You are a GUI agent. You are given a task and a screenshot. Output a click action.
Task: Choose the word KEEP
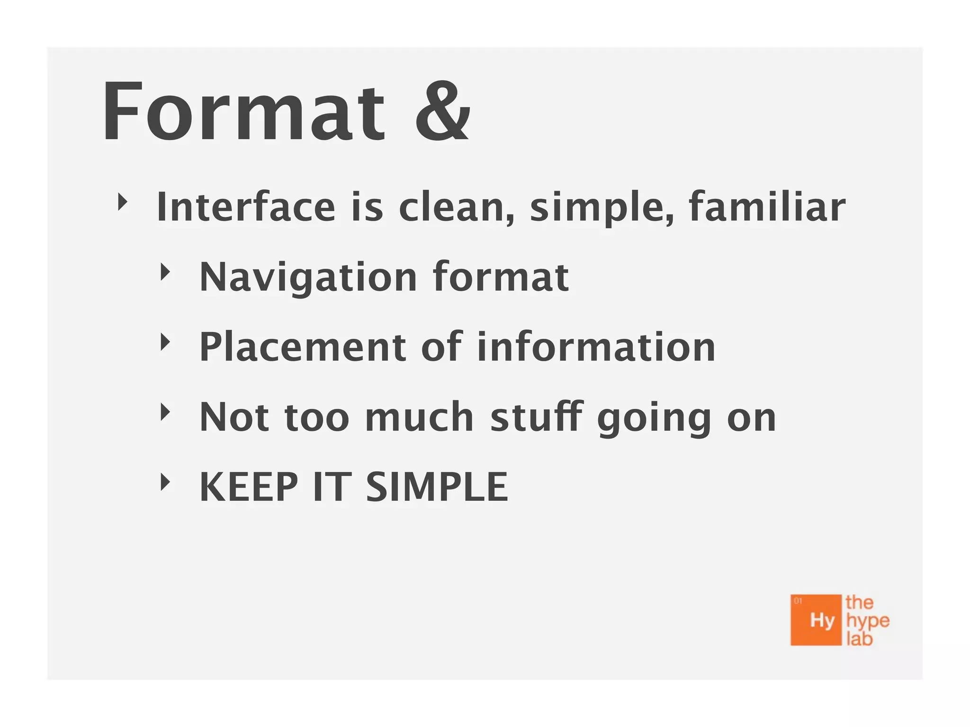249,487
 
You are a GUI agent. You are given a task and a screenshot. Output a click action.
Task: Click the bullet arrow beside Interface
123,202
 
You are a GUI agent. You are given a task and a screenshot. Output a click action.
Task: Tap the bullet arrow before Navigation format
165,272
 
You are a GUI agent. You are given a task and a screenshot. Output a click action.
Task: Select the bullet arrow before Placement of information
165,342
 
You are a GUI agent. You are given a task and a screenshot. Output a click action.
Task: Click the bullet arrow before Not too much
165,412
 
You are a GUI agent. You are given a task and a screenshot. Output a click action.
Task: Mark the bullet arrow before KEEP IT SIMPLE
165,482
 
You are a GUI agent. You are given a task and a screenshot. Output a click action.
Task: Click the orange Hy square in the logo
816,620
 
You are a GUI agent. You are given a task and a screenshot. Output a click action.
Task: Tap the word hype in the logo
868,621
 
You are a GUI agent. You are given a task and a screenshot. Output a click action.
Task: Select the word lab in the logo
859,639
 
